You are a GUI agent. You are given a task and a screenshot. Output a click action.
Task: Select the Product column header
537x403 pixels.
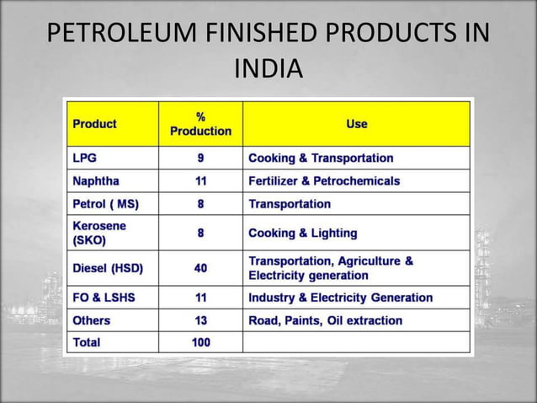(94, 124)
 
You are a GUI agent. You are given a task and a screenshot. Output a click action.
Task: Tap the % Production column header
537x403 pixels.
(200, 124)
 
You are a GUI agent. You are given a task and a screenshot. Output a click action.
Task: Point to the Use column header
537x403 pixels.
(356, 124)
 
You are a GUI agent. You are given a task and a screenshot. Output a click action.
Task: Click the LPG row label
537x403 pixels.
(84, 159)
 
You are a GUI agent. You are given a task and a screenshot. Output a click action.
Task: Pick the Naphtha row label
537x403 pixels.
(96, 181)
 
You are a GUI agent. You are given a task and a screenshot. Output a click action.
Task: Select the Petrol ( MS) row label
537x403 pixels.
(105, 204)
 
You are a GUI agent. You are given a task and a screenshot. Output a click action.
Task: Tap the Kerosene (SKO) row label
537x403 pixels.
(99, 233)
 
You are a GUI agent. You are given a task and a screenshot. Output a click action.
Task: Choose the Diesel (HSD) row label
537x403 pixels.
(108, 269)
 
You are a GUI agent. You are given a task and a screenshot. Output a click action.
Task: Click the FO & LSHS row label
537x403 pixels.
(104, 298)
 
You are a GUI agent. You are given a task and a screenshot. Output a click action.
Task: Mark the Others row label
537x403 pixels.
(91, 320)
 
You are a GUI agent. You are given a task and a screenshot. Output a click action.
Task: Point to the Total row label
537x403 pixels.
(86, 342)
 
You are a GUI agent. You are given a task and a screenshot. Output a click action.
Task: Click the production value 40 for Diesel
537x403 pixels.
(200, 269)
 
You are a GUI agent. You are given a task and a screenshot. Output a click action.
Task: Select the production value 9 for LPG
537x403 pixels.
(200, 159)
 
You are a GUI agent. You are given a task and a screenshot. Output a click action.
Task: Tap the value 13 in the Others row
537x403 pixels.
(200, 320)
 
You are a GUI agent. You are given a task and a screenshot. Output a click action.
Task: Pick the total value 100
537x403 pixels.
(200, 342)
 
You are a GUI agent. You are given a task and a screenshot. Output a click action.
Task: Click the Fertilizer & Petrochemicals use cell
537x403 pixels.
(324, 181)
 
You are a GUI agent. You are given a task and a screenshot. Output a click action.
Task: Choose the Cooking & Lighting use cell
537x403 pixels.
(303, 233)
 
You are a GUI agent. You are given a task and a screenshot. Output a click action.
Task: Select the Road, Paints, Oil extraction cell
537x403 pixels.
(325, 320)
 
